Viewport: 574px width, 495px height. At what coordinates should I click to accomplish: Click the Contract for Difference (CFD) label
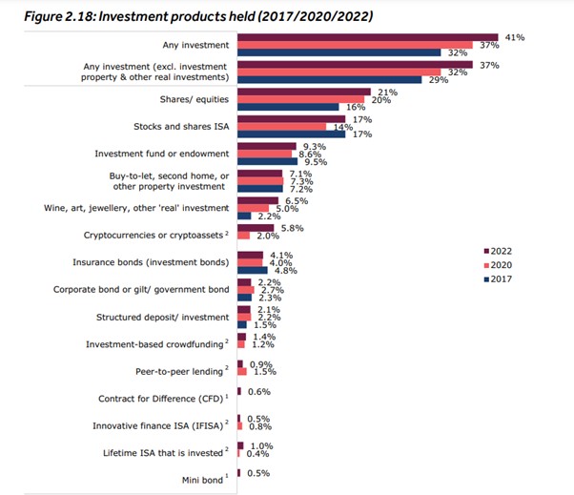point(162,399)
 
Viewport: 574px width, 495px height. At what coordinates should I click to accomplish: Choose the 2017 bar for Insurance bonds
point(253,271)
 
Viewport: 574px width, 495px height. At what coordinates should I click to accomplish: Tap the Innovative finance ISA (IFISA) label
point(157,425)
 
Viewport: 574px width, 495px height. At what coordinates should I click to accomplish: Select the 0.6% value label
point(258,391)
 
